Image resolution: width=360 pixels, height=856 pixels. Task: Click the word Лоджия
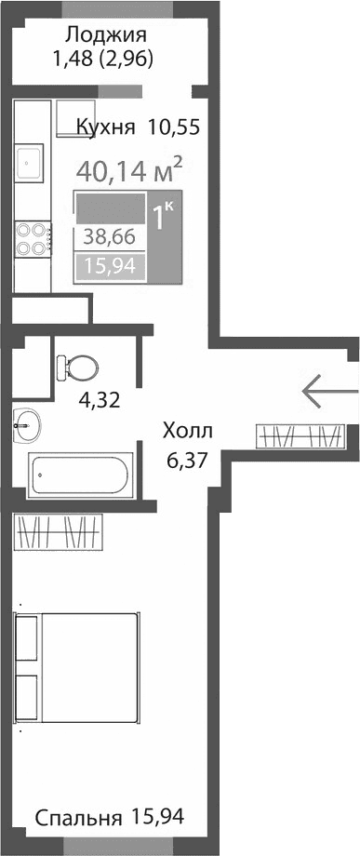point(105,36)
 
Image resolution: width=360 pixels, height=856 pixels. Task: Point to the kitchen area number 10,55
point(173,127)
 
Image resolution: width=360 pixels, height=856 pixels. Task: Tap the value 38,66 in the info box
point(110,236)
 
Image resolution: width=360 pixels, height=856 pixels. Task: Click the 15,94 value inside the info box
point(110,267)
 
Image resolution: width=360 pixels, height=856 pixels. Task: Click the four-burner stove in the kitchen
point(31,238)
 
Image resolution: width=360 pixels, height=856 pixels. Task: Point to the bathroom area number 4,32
point(97,404)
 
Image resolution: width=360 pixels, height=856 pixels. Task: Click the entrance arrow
point(326,391)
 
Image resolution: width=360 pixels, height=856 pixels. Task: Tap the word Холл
point(188,431)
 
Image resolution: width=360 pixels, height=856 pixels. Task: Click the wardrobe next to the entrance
point(301,435)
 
